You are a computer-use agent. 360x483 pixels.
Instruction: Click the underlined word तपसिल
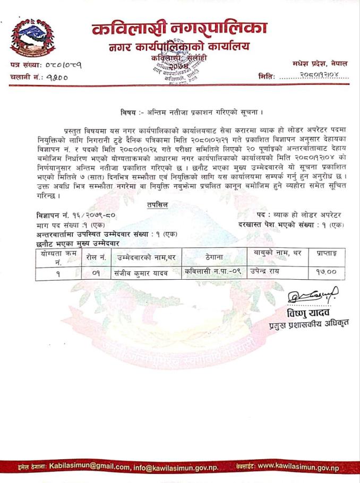pyautogui.click(x=157, y=205)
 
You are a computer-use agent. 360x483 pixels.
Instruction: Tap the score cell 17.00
pyautogui.click(x=323, y=273)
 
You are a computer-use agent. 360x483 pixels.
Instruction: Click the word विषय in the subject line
pyautogui.click(x=129, y=112)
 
